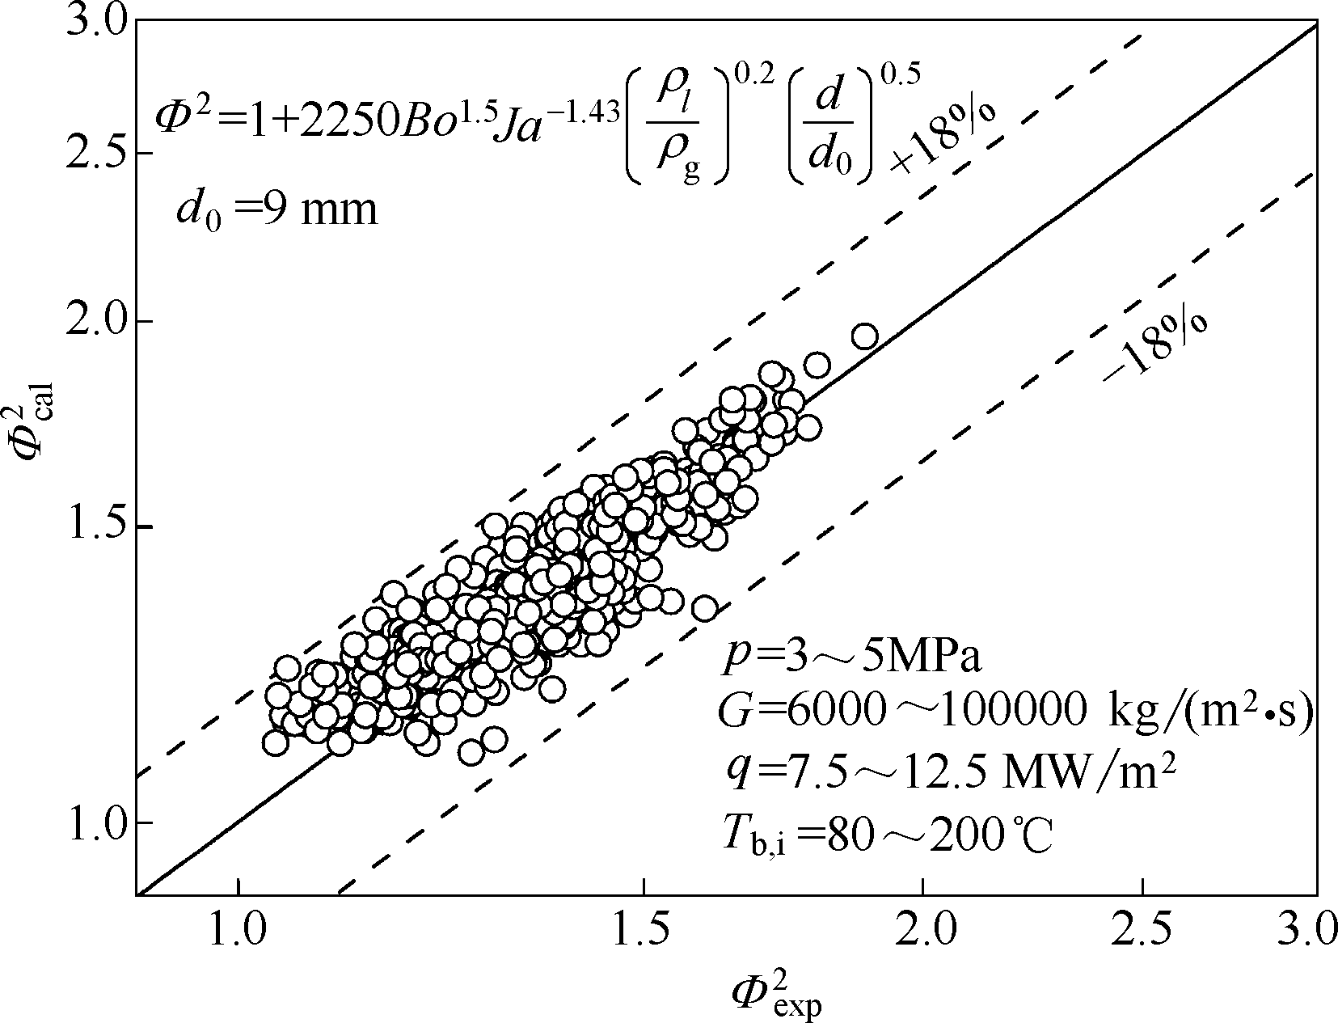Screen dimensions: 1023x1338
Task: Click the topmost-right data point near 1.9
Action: click(x=865, y=336)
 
